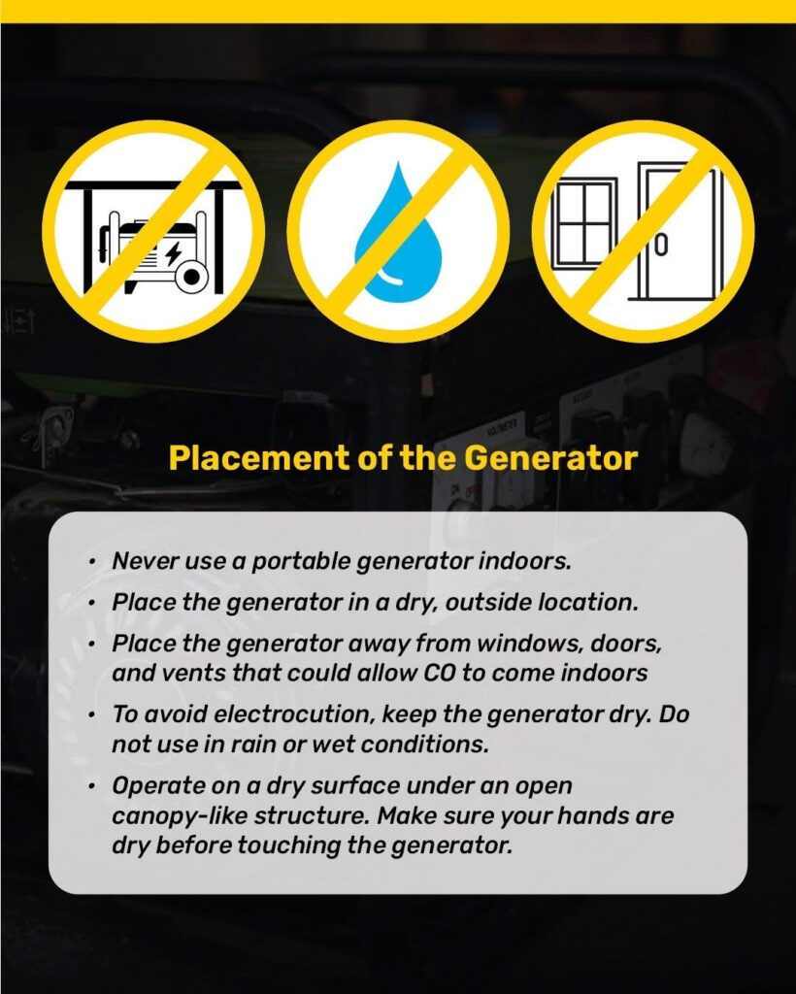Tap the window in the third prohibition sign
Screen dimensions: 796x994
[583, 224]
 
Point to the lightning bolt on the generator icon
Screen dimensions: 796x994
[173, 253]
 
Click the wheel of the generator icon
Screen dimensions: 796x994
[191, 277]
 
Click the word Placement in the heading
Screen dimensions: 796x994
[258, 458]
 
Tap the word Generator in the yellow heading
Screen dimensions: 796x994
[550, 458]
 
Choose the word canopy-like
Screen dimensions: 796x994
[180, 816]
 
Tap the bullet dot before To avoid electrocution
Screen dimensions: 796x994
[92, 715]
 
